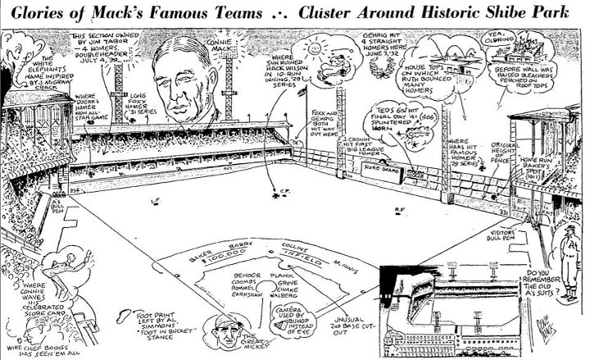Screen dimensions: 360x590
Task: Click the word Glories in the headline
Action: [36, 10]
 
